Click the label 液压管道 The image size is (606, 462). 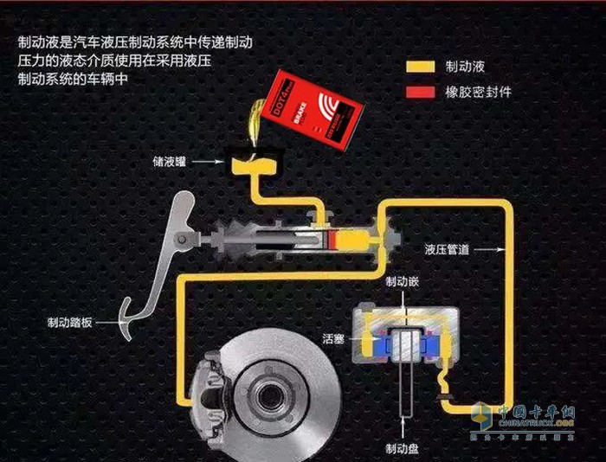[x=448, y=249]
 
